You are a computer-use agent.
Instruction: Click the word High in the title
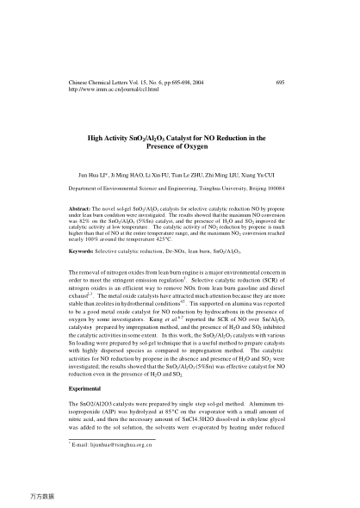[98, 137]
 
